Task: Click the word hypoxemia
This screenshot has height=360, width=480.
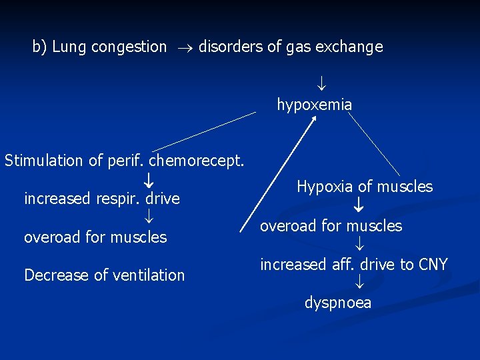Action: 315,105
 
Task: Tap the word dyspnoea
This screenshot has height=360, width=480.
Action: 338,303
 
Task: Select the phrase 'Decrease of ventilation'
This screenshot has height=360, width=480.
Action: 104,275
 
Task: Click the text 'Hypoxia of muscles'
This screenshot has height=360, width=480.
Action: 365,187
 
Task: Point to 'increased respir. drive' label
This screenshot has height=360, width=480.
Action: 102,199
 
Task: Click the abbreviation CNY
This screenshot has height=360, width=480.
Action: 433,265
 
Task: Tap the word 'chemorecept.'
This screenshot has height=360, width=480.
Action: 197,161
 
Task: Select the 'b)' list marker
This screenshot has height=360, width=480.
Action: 40,47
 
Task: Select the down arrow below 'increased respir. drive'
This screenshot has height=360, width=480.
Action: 150,218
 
